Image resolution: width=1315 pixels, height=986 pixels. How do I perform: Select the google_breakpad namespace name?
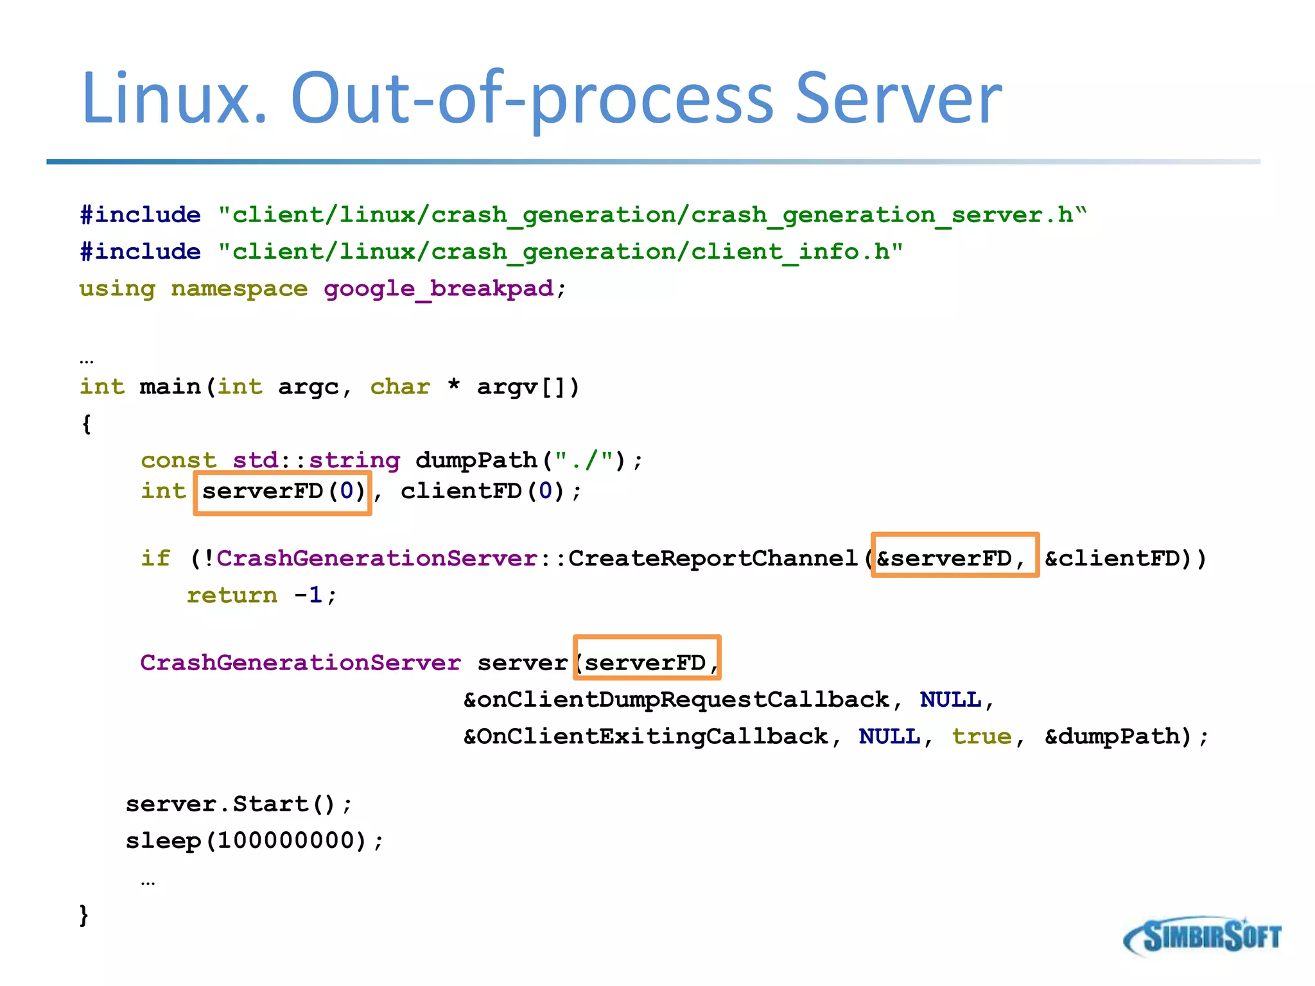(x=438, y=289)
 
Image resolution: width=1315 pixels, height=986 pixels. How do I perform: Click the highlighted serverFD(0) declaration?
(x=283, y=492)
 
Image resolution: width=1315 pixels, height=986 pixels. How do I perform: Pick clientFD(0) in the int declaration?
(x=482, y=492)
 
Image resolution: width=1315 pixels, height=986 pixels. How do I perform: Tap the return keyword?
(x=232, y=596)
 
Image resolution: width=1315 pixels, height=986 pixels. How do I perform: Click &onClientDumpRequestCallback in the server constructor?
(x=677, y=700)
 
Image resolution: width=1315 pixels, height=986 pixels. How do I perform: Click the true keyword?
(x=981, y=736)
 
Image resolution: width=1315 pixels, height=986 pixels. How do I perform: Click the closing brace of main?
(x=84, y=915)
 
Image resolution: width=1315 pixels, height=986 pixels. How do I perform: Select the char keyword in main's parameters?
(x=399, y=387)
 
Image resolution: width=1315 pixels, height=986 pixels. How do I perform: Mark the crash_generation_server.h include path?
(x=652, y=215)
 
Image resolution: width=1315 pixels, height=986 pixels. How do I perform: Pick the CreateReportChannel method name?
(x=713, y=558)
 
